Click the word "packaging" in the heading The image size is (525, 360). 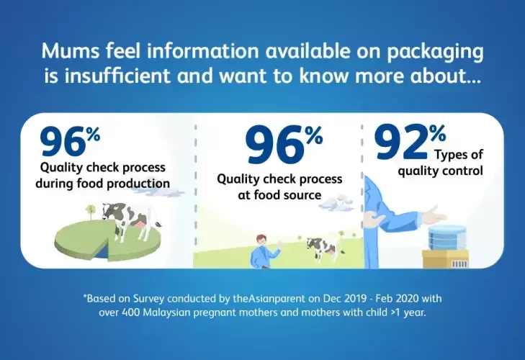(x=435, y=53)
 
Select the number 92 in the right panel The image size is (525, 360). (x=401, y=142)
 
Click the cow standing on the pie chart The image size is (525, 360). (x=130, y=220)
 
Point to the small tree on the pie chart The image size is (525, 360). (x=90, y=212)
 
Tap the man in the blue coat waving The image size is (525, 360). (x=265, y=251)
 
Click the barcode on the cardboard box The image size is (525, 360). (x=459, y=264)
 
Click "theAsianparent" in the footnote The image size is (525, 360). (x=269, y=298)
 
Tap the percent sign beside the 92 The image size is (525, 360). (x=438, y=133)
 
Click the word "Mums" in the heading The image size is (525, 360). (x=71, y=51)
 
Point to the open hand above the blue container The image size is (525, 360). (x=434, y=215)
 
